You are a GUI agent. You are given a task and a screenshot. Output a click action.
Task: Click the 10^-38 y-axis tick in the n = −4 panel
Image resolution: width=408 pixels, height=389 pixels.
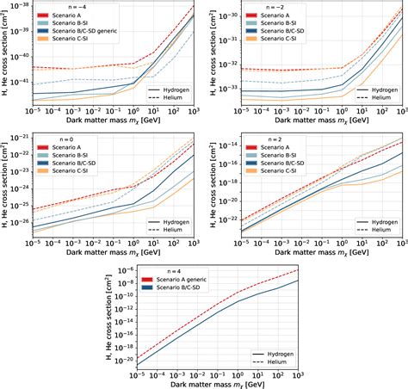point(16,5)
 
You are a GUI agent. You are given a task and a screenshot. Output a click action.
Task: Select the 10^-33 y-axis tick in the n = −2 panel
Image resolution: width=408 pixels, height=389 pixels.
point(226,88)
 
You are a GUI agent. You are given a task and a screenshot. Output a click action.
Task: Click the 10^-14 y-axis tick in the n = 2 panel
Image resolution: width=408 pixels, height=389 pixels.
point(226,147)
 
